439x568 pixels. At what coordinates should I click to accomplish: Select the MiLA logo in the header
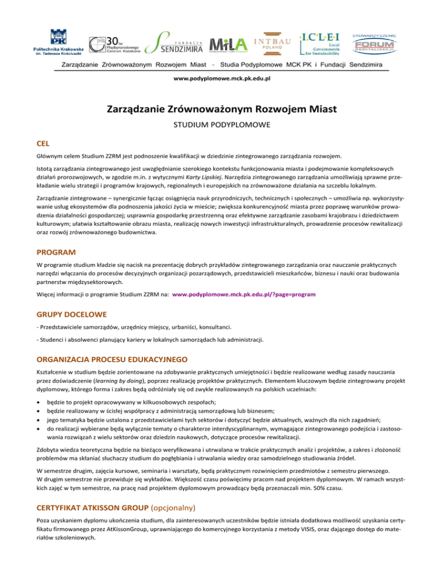[x=228, y=43]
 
